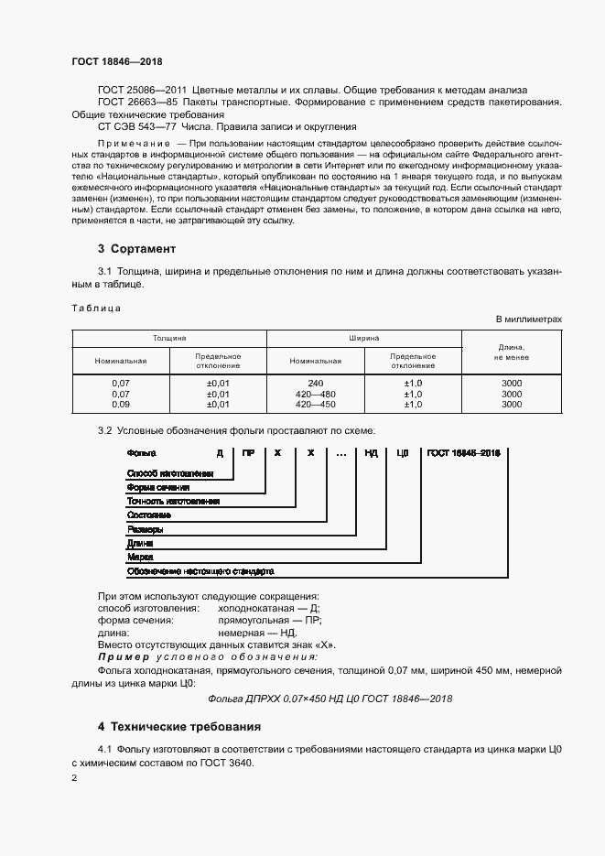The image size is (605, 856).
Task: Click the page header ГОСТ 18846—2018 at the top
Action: click(x=116, y=61)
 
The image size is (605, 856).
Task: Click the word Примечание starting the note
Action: click(x=134, y=145)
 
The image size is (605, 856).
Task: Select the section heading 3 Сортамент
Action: click(x=136, y=249)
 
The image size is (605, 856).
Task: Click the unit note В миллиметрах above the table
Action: click(x=528, y=319)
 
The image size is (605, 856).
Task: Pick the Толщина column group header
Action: click(x=169, y=338)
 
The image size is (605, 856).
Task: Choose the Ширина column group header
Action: click(x=363, y=338)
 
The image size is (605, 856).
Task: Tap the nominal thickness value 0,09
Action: click(x=120, y=404)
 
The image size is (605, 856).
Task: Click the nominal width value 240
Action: click(x=316, y=383)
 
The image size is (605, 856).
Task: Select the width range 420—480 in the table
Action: click(x=316, y=394)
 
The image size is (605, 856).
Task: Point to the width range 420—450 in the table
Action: click(x=316, y=404)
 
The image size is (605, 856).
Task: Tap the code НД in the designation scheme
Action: click(x=371, y=453)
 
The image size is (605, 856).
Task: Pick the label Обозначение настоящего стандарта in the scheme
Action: click(x=200, y=570)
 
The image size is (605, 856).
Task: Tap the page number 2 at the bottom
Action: click(x=74, y=778)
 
